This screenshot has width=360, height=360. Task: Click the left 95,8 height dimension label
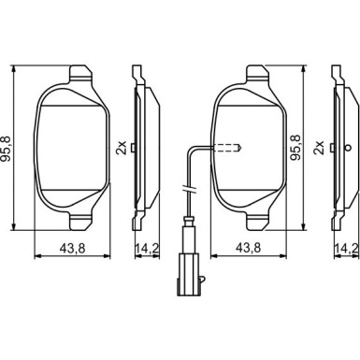7,149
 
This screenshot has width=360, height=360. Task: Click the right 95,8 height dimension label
295,148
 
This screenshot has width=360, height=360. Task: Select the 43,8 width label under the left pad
72,249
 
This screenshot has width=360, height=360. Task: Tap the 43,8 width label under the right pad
248,248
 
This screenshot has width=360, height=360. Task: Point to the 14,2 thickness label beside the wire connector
147,249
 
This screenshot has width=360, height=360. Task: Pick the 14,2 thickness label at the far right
346,249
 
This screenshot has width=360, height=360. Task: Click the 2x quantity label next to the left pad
122,148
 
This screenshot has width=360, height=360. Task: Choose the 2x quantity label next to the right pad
320,148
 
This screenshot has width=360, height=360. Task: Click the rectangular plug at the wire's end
188,274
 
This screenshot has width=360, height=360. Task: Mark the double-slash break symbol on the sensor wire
188,189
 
